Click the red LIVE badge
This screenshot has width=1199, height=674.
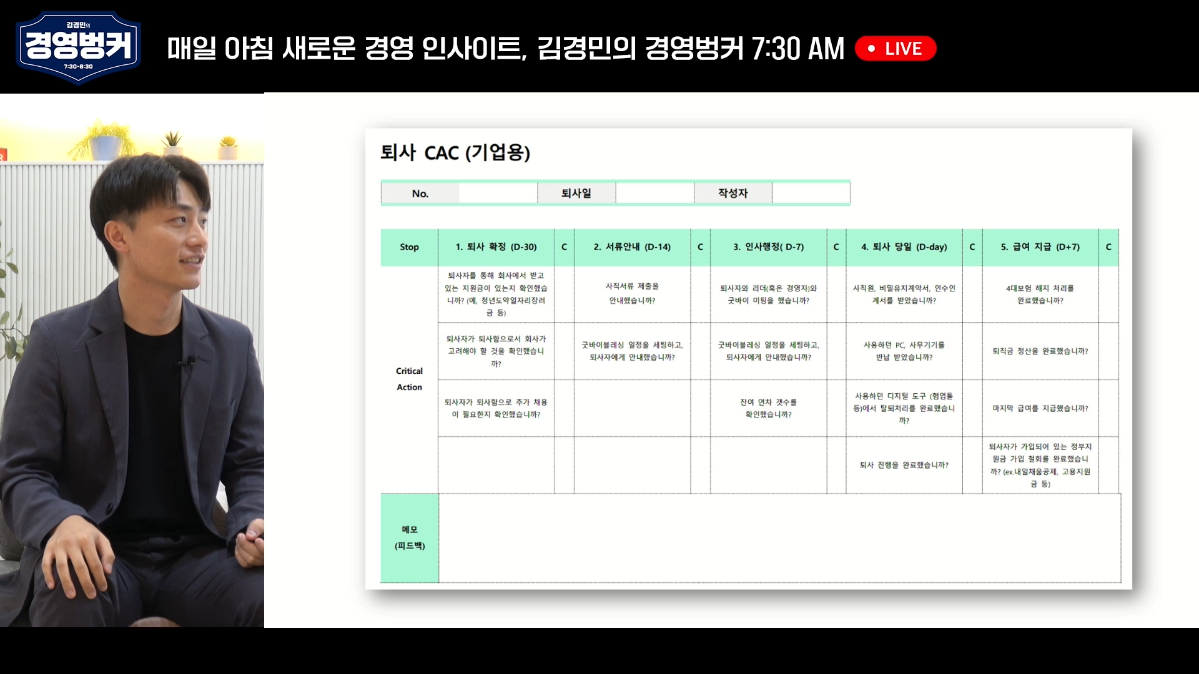[x=896, y=49]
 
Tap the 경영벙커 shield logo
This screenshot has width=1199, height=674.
[x=78, y=47]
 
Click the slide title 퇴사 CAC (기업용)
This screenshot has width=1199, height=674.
[x=455, y=152]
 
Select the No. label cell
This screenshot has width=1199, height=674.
[x=420, y=193]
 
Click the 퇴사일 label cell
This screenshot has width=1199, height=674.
[x=576, y=193]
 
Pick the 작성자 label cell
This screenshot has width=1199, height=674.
[x=733, y=193]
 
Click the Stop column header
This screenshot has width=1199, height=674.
[x=410, y=247]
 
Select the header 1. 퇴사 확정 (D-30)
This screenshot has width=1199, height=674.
[x=496, y=247]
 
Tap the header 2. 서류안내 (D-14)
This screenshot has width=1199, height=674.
[x=633, y=247]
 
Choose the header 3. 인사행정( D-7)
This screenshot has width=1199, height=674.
[x=769, y=247]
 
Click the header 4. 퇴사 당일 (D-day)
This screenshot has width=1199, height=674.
[x=904, y=247]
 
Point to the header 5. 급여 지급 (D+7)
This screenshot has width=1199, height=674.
[x=1040, y=247]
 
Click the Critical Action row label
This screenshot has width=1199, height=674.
[x=410, y=379]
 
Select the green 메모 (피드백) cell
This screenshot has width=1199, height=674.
[x=410, y=538]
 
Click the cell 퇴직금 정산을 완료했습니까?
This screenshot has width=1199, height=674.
[x=1040, y=351]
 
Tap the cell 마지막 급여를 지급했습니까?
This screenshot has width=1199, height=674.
[x=1040, y=408]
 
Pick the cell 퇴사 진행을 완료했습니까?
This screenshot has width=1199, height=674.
[x=904, y=465]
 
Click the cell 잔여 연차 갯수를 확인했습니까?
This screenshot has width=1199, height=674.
[x=769, y=408]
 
